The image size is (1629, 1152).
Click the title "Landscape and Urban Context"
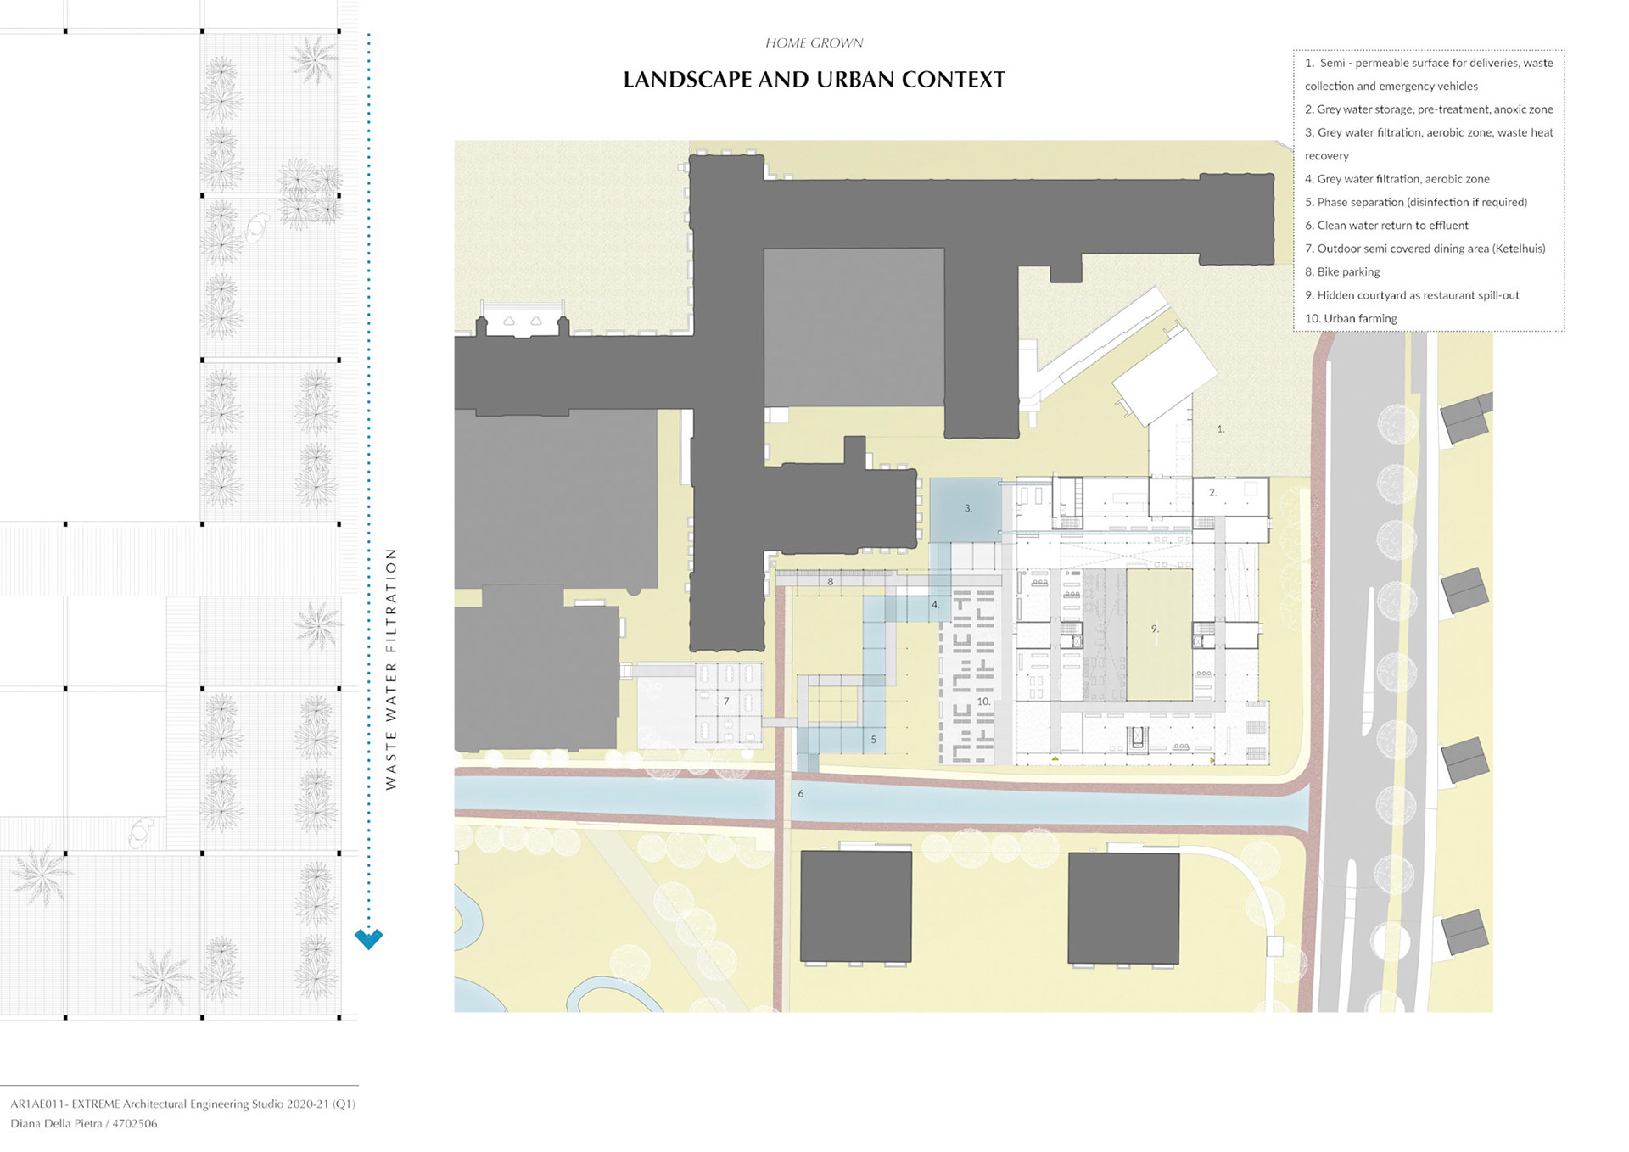coord(814,80)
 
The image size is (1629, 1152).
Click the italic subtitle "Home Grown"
coord(814,42)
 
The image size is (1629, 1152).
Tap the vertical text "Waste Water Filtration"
coord(391,668)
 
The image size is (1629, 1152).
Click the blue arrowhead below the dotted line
coord(368,938)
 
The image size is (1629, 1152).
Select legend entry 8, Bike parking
coord(1342,272)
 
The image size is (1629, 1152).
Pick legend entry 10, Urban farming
coord(1351,319)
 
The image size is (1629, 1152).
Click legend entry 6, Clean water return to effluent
coord(1386,226)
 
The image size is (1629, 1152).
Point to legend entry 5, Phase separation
coord(1416,203)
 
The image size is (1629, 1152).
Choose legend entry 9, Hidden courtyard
coord(1412,295)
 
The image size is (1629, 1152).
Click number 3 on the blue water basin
coord(967,508)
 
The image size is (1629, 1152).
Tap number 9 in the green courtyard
coord(1154,629)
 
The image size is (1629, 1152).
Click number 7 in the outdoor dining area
coord(726,702)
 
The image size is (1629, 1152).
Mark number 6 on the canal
coord(800,794)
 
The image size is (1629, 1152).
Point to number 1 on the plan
coord(1221,429)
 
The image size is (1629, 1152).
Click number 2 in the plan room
coord(1212,492)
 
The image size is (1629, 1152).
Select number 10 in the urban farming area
coord(983,702)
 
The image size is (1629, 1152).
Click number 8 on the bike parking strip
coord(830,582)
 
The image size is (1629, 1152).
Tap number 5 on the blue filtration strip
coord(873,740)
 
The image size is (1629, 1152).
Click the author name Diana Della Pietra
coord(58,1124)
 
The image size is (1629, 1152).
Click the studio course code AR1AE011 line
coord(182,1104)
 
